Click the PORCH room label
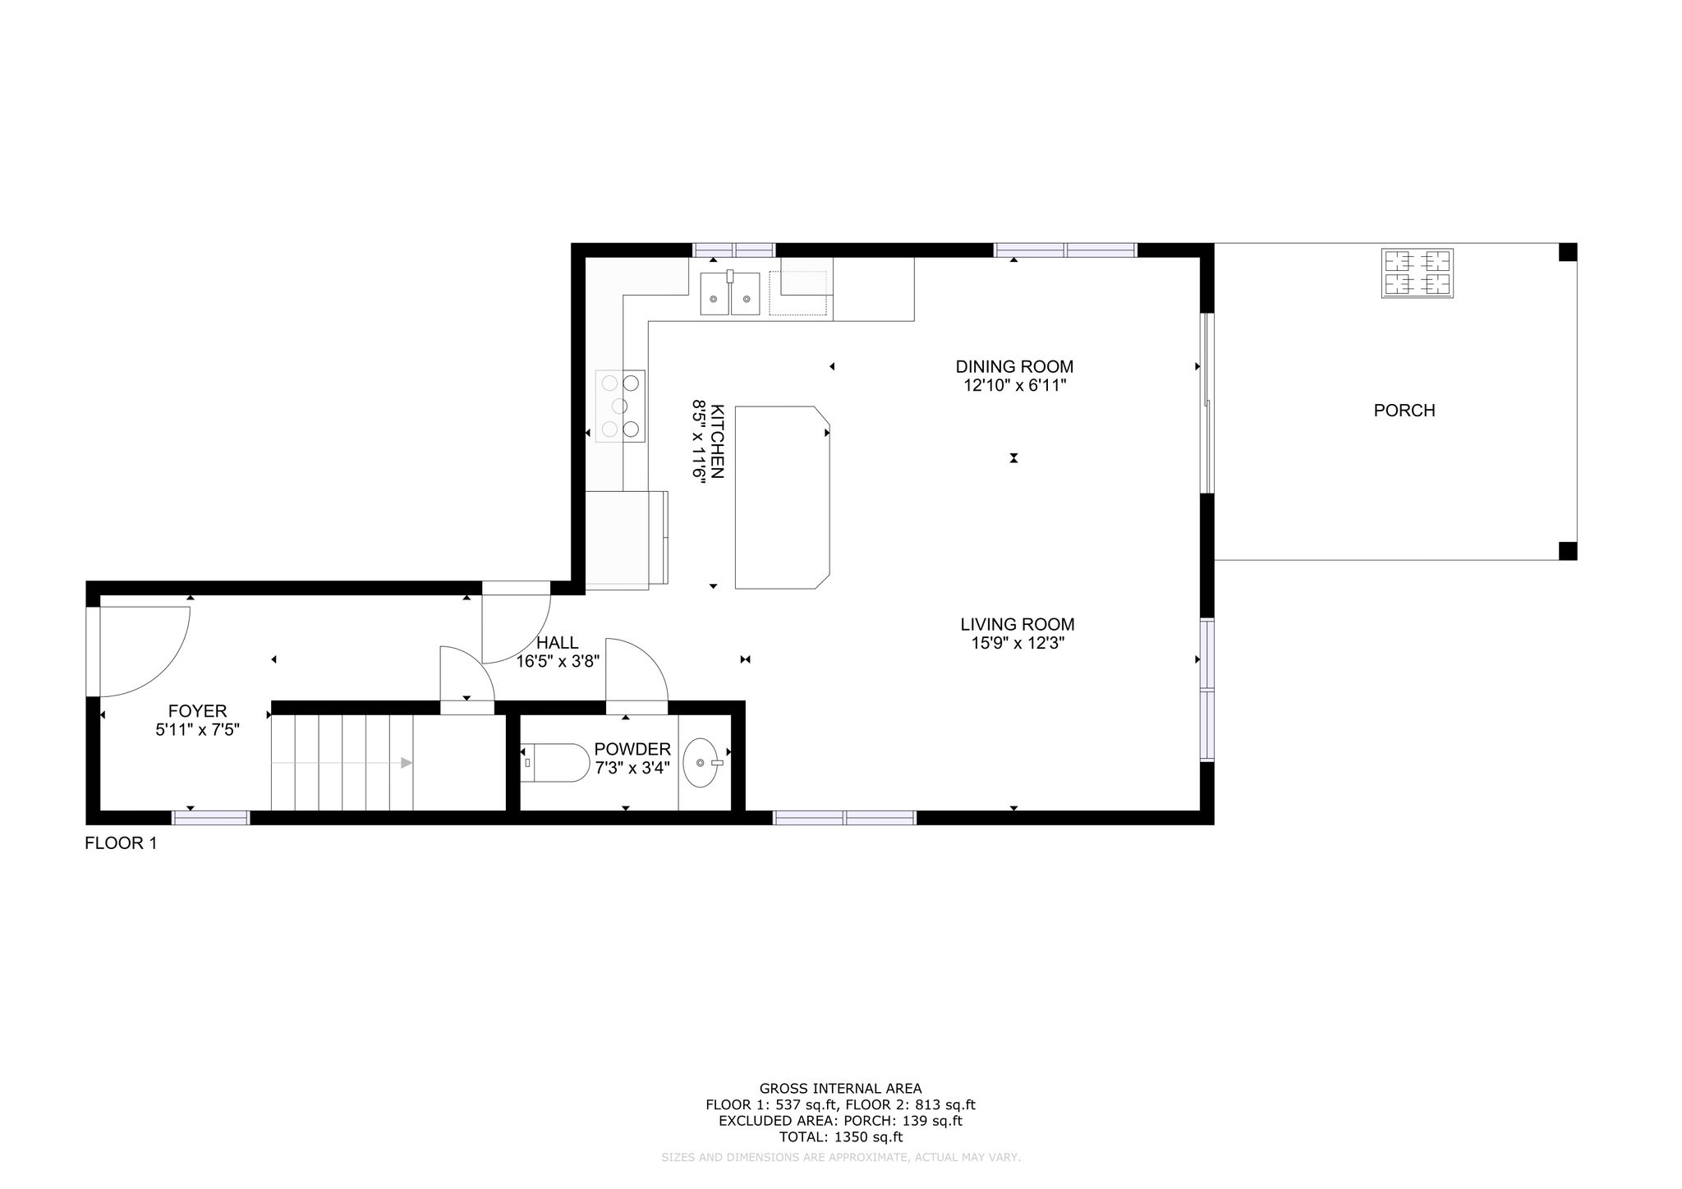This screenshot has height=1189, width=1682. (x=1404, y=411)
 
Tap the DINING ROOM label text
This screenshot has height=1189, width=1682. (x=1014, y=367)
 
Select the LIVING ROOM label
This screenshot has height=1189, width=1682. (x=1018, y=625)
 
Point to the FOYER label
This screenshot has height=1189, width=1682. (x=197, y=711)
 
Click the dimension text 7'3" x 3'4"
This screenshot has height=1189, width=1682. (x=632, y=768)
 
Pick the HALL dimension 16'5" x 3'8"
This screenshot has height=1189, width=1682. (x=558, y=661)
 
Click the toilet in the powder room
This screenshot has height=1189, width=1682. (x=555, y=763)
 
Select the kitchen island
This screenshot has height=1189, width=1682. (x=782, y=498)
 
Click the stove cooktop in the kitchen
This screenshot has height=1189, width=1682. (x=620, y=406)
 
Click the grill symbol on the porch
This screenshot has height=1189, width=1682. (x=1418, y=273)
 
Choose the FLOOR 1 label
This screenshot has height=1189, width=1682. (x=121, y=843)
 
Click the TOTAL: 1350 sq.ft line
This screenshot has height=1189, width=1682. (x=840, y=1137)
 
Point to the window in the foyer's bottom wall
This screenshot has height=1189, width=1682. (x=210, y=818)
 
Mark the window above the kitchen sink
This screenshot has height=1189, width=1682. (x=734, y=250)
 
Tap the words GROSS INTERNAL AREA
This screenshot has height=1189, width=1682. (x=840, y=1089)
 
